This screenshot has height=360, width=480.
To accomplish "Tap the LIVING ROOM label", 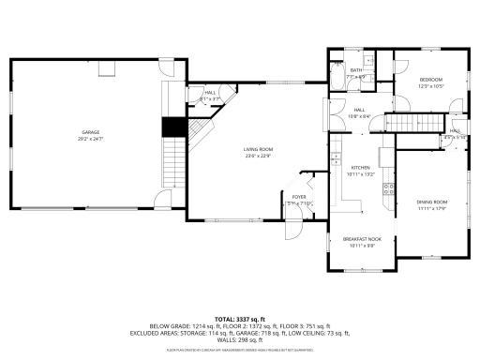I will (259, 150).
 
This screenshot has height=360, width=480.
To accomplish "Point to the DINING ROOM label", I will (432, 202).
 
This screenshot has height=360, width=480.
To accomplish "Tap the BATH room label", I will (356, 70).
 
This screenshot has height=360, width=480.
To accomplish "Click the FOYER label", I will (297, 197).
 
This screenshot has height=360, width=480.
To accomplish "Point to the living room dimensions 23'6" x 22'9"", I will (259, 156).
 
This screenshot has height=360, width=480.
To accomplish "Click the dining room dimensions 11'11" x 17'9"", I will (432, 207).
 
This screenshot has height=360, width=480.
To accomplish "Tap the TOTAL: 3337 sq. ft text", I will (240, 319).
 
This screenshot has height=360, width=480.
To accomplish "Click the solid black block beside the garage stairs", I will (172, 128).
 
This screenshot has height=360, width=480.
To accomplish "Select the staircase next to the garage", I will (172, 161).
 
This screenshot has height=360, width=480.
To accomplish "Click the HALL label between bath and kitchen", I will (359, 111).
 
